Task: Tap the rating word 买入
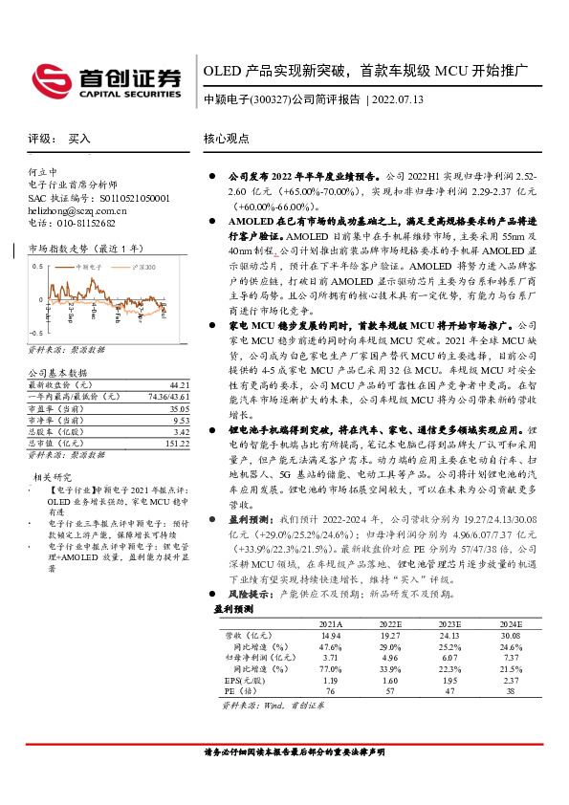click(x=79, y=140)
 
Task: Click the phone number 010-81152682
click(x=87, y=222)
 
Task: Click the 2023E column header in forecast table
click(x=449, y=622)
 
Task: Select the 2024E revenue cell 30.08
click(x=509, y=634)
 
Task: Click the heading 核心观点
click(x=227, y=139)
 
